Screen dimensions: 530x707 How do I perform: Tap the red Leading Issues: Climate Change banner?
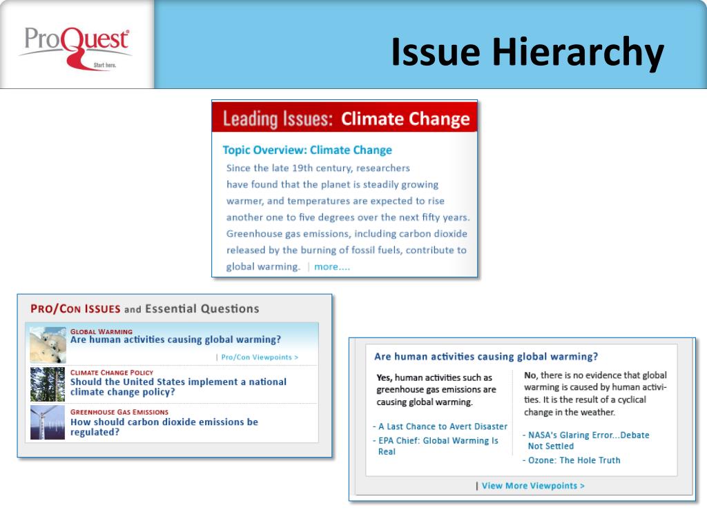pos(345,119)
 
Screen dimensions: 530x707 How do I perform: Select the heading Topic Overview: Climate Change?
pos(307,150)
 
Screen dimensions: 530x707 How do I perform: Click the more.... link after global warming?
pos(332,267)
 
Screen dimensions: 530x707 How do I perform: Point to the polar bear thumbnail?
pos(48,344)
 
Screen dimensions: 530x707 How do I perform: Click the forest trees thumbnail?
pos(48,384)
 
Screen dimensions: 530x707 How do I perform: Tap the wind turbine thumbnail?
pos(48,422)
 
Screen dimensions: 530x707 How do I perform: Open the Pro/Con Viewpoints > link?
pos(260,357)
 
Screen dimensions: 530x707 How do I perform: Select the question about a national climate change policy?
pos(178,386)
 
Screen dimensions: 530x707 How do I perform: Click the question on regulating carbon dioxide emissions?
pos(164,426)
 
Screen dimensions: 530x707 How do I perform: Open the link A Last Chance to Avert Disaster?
pos(443,426)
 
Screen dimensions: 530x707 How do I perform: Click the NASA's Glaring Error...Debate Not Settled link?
pos(588,440)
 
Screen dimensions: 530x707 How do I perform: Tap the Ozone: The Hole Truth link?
pos(574,460)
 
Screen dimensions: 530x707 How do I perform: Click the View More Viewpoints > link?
pos(533,486)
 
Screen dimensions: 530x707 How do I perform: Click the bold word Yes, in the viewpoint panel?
pos(385,377)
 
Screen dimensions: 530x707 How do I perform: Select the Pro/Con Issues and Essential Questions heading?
pos(145,308)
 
